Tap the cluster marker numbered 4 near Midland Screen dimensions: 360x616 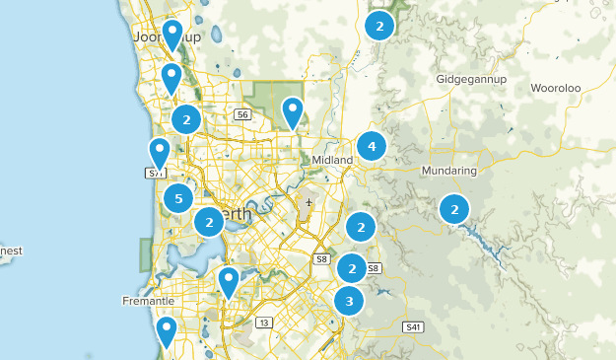(x=372, y=147)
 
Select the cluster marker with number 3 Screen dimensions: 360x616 (x=349, y=301)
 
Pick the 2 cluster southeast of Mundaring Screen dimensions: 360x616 (x=454, y=209)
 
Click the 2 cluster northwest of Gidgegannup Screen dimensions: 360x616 (x=379, y=26)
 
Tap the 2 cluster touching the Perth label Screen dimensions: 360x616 (x=209, y=223)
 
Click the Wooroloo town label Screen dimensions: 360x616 (x=557, y=88)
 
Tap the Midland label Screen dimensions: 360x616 (x=332, y=160)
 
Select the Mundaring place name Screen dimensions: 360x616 (x=448, y=171)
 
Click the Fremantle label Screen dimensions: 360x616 (x=148, y=300)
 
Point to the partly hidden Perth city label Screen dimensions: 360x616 (x=240, y=214)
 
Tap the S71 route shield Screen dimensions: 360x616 (x=154, y=174)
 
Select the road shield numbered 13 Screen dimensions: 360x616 (x=264, y=323)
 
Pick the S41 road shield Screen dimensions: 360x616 (x=412, y=326)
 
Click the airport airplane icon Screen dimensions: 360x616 (x=309, y=203)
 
